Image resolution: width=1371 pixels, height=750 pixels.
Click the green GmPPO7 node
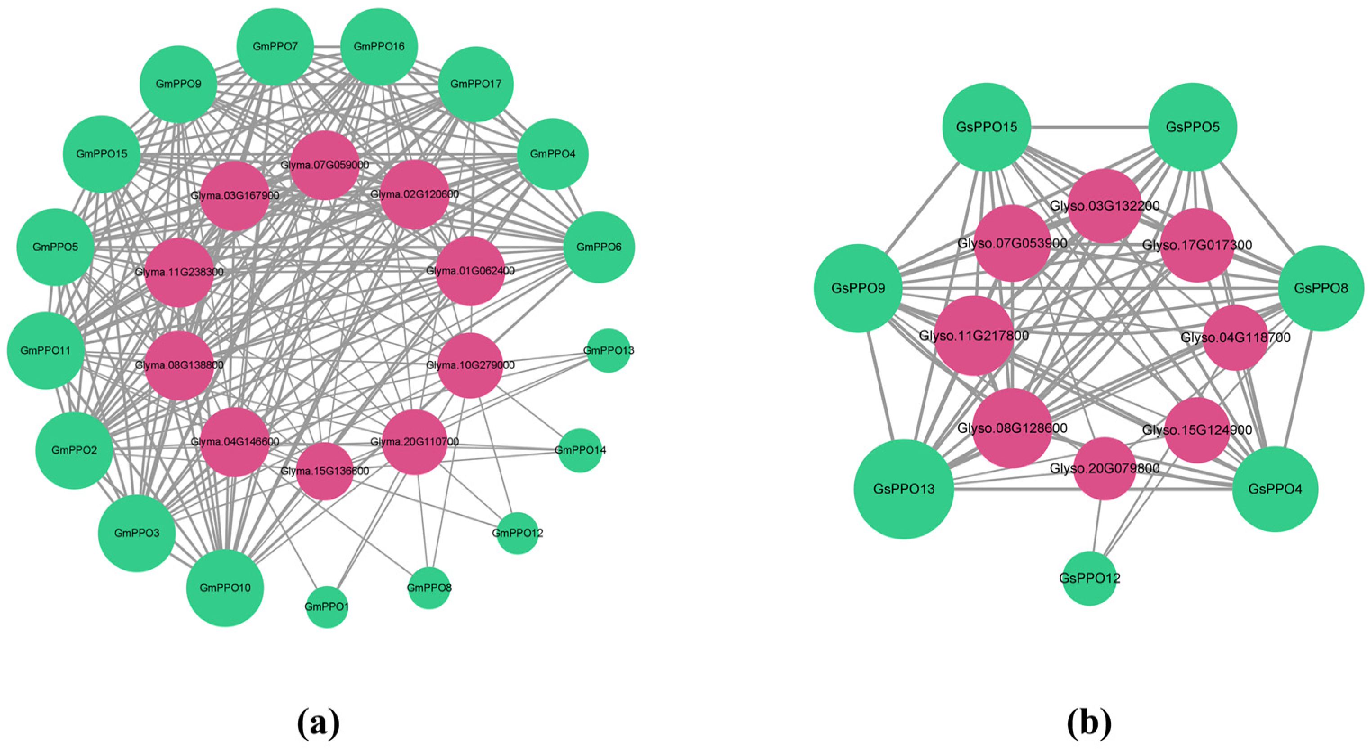pos(275,47)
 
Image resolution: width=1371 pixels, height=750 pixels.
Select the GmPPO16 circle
pos(379,47)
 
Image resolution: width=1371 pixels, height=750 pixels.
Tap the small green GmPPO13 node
pos(609,350)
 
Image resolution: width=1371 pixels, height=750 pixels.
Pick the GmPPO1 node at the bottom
pos(327,607)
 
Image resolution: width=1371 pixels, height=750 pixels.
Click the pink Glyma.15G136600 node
pos(325,471)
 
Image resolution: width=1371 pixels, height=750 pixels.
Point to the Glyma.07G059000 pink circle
pos(325,166)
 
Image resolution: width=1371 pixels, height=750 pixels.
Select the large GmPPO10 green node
pos(225,588)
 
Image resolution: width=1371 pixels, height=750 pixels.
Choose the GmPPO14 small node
pos(580,450)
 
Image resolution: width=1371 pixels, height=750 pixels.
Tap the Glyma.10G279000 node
pos(470,365)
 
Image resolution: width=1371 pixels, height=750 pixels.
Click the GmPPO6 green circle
pos(599,247)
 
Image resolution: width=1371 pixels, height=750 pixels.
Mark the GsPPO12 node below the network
pos(1089,579)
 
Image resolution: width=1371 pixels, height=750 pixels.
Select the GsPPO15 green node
pos(986,127)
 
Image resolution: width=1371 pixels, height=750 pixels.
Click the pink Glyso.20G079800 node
pos(1105,469)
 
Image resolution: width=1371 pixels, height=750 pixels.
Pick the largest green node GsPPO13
pos(904,489)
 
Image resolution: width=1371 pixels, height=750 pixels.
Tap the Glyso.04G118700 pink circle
pos(1236,338)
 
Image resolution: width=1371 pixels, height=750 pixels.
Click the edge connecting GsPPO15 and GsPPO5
pos(1089,128)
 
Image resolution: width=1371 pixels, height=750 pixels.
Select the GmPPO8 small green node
pos(429,588)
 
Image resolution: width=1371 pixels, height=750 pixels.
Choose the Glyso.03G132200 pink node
pos(1105,207)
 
